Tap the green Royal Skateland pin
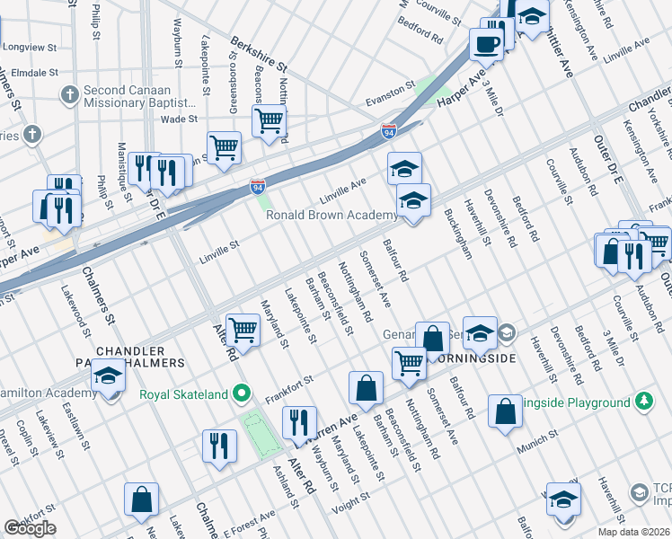click(x=241, y=393)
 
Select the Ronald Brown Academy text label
click(x=332, y=215)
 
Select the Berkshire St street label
click(x=257, y=55)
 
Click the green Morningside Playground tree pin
click(x=643, y=402)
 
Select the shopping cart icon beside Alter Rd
click(x=243, y=331)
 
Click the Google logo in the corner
click(x=30, y=528)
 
